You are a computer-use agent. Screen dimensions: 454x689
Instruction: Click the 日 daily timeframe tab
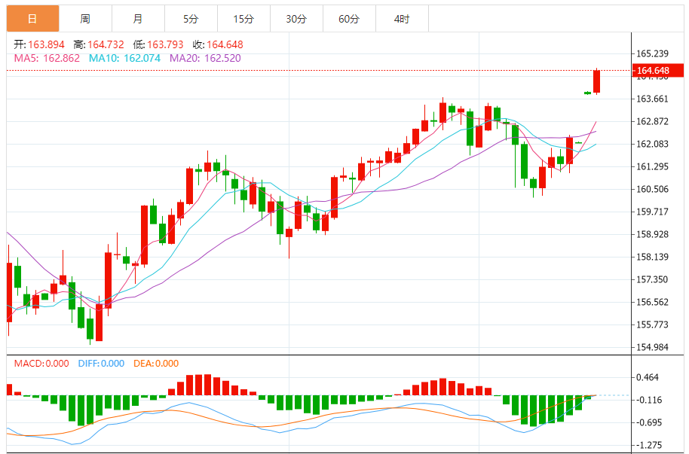point(32,19)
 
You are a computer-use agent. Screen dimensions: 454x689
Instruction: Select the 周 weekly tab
point(85,19)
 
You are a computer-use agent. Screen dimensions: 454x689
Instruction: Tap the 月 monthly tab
point(137,19)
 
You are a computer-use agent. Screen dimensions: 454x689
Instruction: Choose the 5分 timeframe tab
point(191,19)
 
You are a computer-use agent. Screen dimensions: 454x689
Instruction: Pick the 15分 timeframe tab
point(243,19)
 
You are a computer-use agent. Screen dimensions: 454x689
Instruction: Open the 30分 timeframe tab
point(296,19)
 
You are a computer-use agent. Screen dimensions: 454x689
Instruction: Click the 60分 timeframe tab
point(349,19)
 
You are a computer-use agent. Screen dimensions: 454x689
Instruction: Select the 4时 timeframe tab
point(401,19)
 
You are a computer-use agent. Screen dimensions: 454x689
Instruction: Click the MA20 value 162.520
point(219,57)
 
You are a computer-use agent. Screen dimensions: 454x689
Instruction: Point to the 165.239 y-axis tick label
point(653,53)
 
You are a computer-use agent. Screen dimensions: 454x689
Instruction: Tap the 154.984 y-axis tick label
point(653,347)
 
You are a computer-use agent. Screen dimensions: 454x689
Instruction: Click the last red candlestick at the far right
point(596,81)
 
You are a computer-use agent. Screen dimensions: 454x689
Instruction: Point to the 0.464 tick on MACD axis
point(649,377)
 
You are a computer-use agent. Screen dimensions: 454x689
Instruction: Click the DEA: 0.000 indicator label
point(156,364)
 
